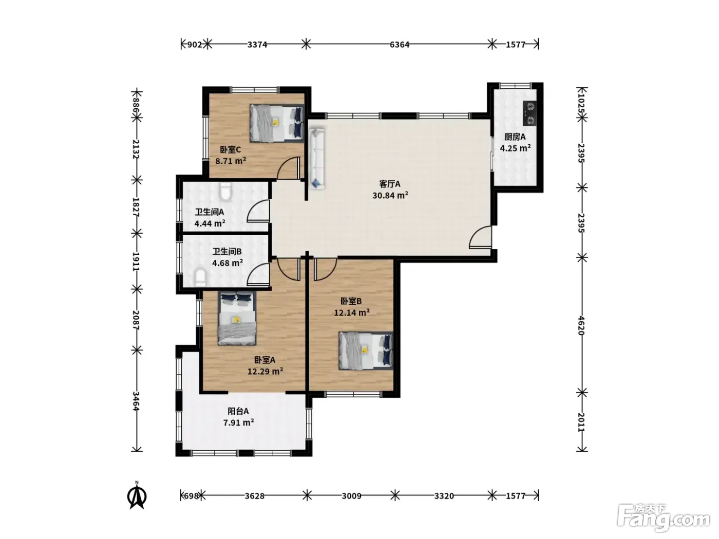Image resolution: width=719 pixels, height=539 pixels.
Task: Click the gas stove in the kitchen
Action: pos(529,113)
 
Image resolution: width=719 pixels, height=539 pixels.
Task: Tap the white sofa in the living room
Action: pos(316,159)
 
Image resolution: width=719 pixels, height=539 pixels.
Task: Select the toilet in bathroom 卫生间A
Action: pos(225,191)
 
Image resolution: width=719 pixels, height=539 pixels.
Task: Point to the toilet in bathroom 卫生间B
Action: pos(200,278)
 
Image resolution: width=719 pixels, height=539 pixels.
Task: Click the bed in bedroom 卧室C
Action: pos(277,123)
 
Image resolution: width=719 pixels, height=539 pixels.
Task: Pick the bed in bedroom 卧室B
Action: pos(366,351)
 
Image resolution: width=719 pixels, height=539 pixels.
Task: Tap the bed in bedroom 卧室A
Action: pos(237,318)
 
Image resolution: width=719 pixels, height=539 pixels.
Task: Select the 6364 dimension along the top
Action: pos(399,45)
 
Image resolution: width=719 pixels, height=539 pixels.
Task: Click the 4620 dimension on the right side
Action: pos(581,325)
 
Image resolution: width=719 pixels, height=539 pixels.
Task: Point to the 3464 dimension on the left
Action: pos(136,401)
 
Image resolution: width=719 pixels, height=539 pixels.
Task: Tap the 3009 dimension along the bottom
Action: pos(351,496)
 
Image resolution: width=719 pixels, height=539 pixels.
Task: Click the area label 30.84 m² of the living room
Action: pos(390,196)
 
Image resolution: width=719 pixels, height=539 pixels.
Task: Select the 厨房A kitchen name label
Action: pos(515,137)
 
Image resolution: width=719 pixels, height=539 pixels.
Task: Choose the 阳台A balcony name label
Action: pos(238,411)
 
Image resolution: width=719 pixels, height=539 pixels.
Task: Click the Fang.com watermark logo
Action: pos(664,518)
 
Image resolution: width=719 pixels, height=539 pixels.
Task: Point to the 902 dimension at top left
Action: pos(195,45)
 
